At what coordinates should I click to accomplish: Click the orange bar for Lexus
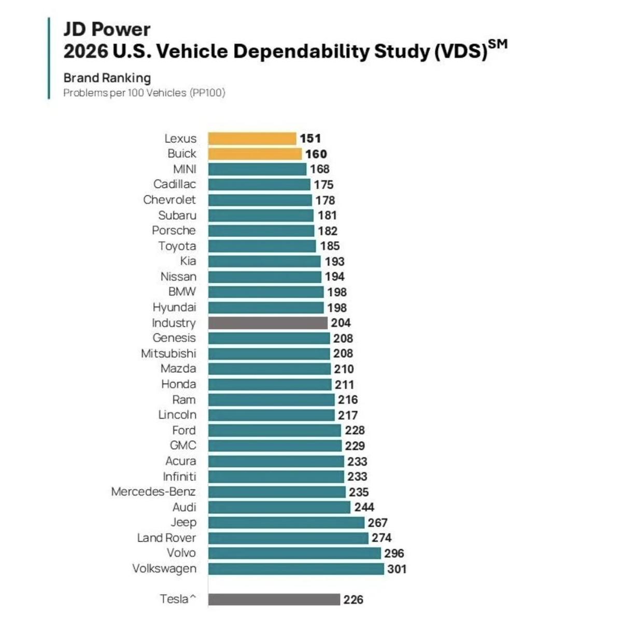click(252, 138)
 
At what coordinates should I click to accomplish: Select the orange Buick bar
click(255, 154)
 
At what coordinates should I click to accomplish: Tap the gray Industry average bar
click(267, 323)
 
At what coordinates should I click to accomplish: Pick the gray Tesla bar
click(274, 599)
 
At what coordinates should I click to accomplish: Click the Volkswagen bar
click(296, 569)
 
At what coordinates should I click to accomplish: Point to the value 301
click(397, 569)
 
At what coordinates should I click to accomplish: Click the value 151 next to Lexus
click(310, 138)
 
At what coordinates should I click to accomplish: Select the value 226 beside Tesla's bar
click(353, 599)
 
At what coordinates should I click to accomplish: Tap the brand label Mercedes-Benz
click(153, 492)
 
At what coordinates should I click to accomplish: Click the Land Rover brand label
click(166, 538)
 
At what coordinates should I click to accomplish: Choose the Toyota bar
click(262, 246)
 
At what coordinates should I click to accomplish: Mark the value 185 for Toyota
click(330, 246)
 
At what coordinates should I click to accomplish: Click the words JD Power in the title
click(107, 29)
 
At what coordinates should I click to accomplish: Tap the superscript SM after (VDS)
click(498, 44)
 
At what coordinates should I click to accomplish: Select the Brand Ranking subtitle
click(107, 78)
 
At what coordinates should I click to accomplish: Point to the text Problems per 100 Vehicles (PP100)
click(144, 93)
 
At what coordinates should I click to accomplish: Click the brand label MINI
click(185, 169)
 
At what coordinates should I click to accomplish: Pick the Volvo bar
click(294, 553)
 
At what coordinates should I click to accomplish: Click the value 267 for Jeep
click(377, 523)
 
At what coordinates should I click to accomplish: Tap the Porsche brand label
click(174, 231)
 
